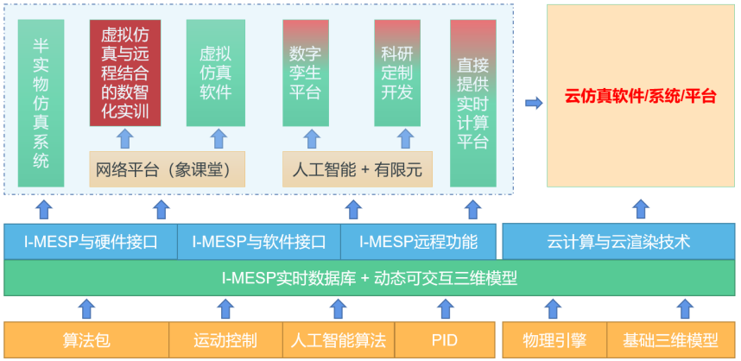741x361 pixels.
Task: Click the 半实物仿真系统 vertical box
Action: (41, 103)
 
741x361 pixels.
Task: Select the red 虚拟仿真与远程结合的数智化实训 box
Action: (125, 73)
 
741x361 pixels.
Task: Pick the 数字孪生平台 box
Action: (306, 73)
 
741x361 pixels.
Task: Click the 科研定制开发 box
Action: (397, 73)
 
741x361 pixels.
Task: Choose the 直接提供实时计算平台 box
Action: (472, 103)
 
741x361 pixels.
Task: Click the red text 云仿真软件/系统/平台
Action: (640, 96)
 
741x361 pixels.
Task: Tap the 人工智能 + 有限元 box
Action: (358, 169)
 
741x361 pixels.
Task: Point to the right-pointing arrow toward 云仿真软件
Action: (534, 103)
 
